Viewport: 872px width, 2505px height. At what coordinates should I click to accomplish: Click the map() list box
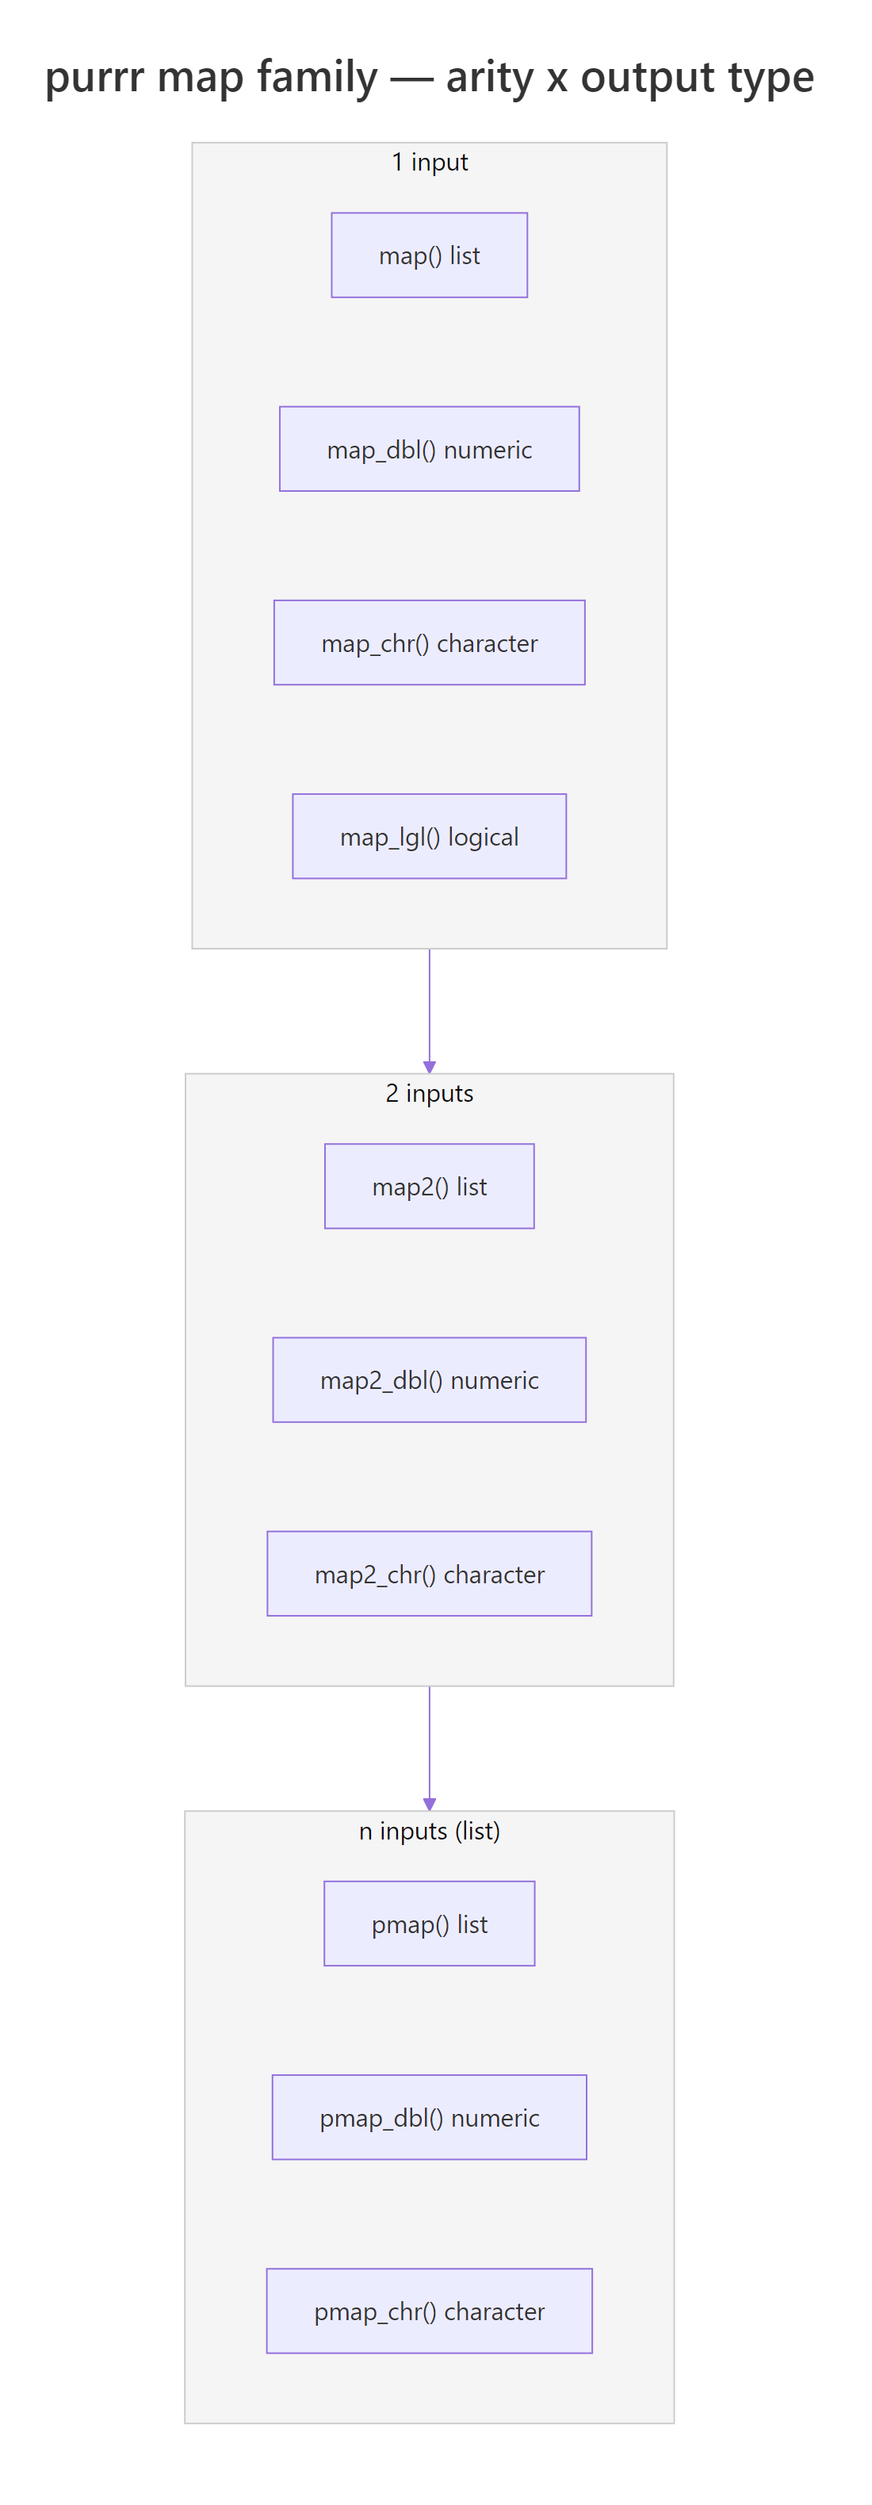[x=429, y=255]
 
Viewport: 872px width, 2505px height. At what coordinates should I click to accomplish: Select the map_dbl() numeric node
[x=429, y=448]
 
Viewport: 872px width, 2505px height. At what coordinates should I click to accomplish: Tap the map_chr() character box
[x=429, y=642]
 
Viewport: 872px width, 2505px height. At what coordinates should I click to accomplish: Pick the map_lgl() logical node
[x=429, y=835]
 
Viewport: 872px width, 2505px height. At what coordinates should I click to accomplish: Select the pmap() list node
[x=429, y=1923]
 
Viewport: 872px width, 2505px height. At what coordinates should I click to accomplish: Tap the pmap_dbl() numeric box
[x=429, y=2116]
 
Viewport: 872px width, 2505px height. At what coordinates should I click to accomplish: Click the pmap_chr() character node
[x=429, y=2310]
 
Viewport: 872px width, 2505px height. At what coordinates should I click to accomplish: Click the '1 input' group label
[x=429, y=162]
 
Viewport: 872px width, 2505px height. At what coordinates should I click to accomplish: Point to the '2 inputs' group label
[x=429, y=1092]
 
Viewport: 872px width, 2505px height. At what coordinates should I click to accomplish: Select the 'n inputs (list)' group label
[x=429, y=1830]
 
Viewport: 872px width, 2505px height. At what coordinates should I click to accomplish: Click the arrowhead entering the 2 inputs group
[x=429, y=1066]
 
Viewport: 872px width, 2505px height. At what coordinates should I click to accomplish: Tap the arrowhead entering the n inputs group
[x=429, y=1803]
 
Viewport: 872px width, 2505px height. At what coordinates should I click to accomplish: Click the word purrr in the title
[x=94, y=78]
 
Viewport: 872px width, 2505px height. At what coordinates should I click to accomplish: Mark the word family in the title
[x=316, y=78]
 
